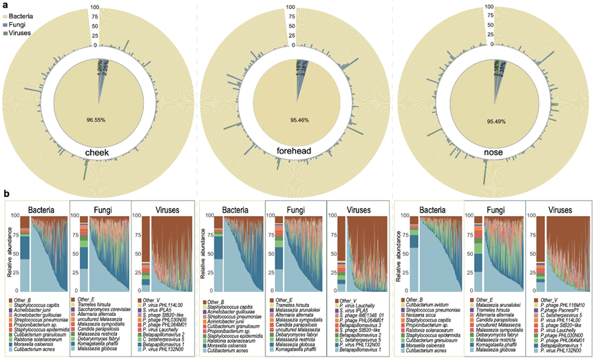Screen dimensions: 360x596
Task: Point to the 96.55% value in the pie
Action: point(96,119)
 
